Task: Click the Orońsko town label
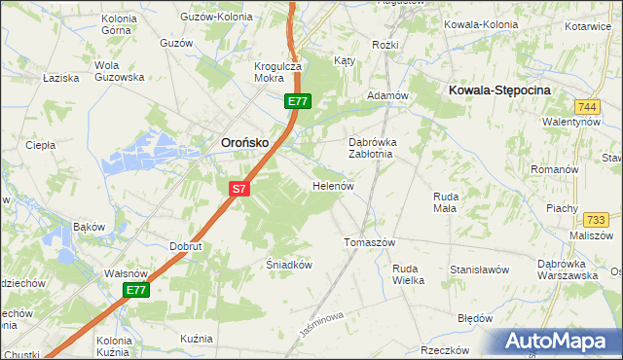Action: [x=238, y=142]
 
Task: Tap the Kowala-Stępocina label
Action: [x=500, y=90]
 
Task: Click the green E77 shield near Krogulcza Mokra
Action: [x=298, y=101]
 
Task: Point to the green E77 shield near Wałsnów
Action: [x=136, y=291]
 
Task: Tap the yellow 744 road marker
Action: [x=586, y=106]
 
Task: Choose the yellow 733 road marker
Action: [x=597, y=219]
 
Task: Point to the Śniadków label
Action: [x=288, y=264]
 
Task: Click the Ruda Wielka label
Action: [x=408, y=274]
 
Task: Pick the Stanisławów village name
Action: [x=480, y=268]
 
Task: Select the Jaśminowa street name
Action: [x=323, y=327]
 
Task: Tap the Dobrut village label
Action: [x=185, y=247]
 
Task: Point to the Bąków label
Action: [x=89, y=227]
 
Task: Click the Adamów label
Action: [x=385, y=96]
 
